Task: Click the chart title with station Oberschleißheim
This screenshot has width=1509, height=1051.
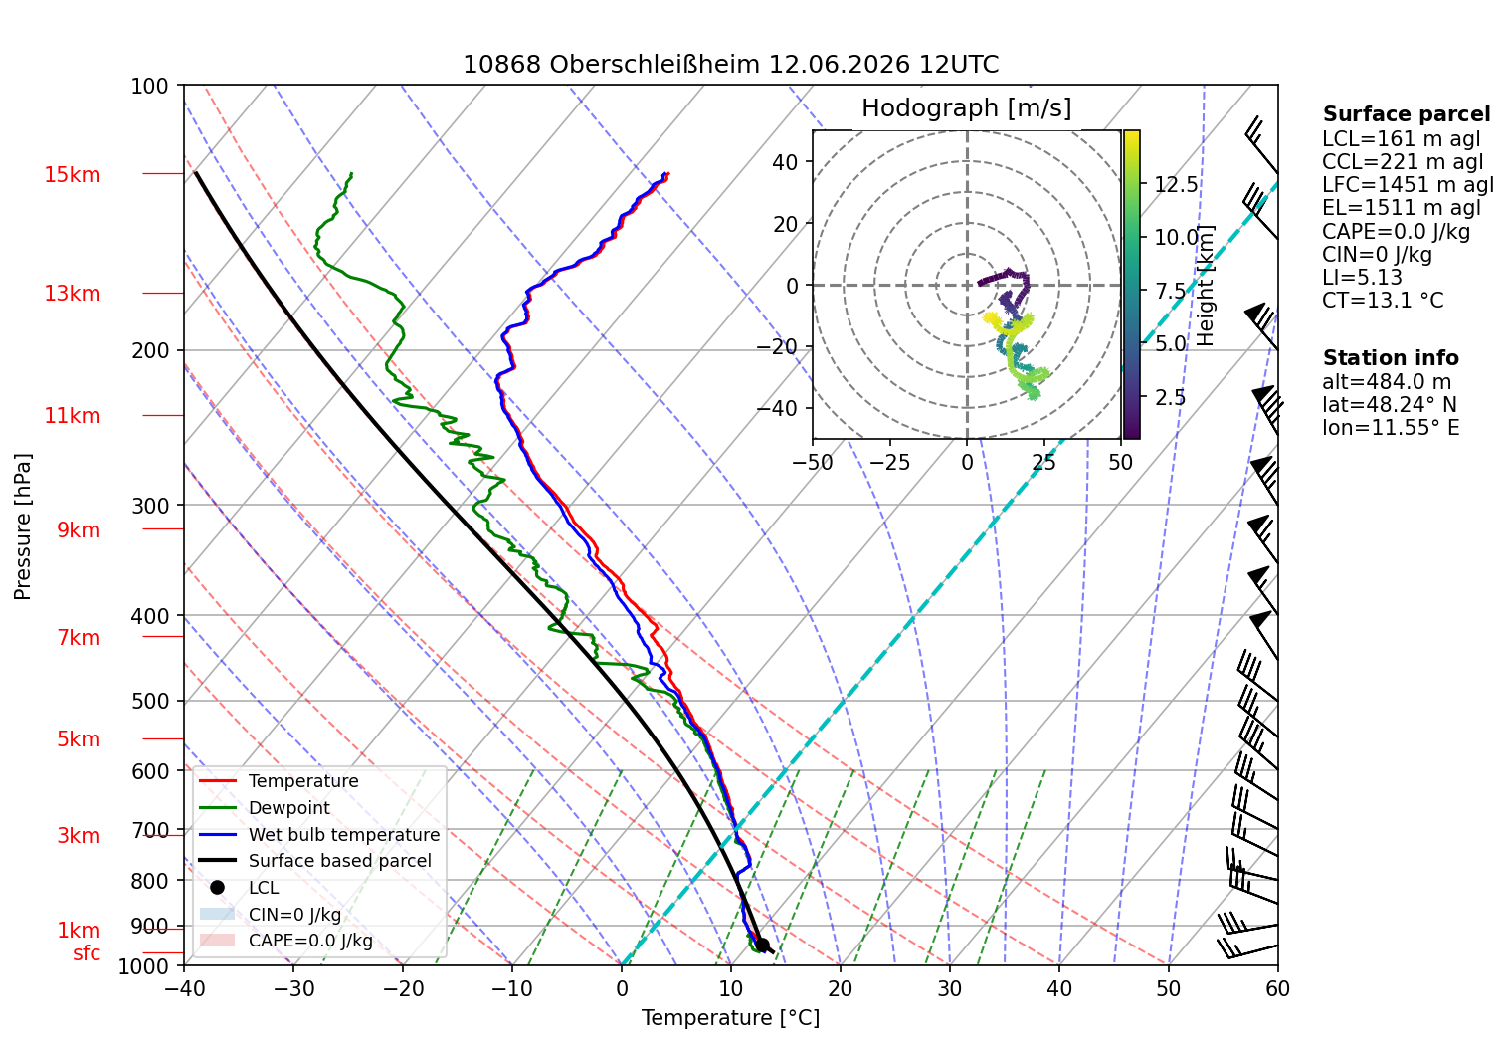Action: (730, 65)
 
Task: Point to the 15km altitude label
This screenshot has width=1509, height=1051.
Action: (73, 174)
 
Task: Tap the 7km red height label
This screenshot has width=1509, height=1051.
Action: (79, 637)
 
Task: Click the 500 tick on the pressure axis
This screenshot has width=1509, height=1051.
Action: (150, 701)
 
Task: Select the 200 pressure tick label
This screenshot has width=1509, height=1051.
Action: (150, 350)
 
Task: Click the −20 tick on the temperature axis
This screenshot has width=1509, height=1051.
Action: (403, 989)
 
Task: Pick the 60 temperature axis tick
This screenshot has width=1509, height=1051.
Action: (1277, 989)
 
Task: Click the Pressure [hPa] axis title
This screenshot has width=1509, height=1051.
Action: (22, 526)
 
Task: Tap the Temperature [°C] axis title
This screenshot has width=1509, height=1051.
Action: (730, 1018)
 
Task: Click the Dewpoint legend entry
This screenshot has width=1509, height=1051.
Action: (289, 807)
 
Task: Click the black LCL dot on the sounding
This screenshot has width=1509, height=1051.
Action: (762, 945)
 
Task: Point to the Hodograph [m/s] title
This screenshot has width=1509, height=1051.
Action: (966, 107)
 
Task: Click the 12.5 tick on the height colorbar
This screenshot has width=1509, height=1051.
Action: (1176, 184)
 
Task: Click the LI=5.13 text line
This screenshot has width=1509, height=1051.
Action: (1362, 277)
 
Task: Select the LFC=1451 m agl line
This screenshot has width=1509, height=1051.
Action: (1408, 185)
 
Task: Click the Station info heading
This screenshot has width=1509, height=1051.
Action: (1391, 358)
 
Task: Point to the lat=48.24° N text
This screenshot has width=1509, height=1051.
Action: (1389, 404)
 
